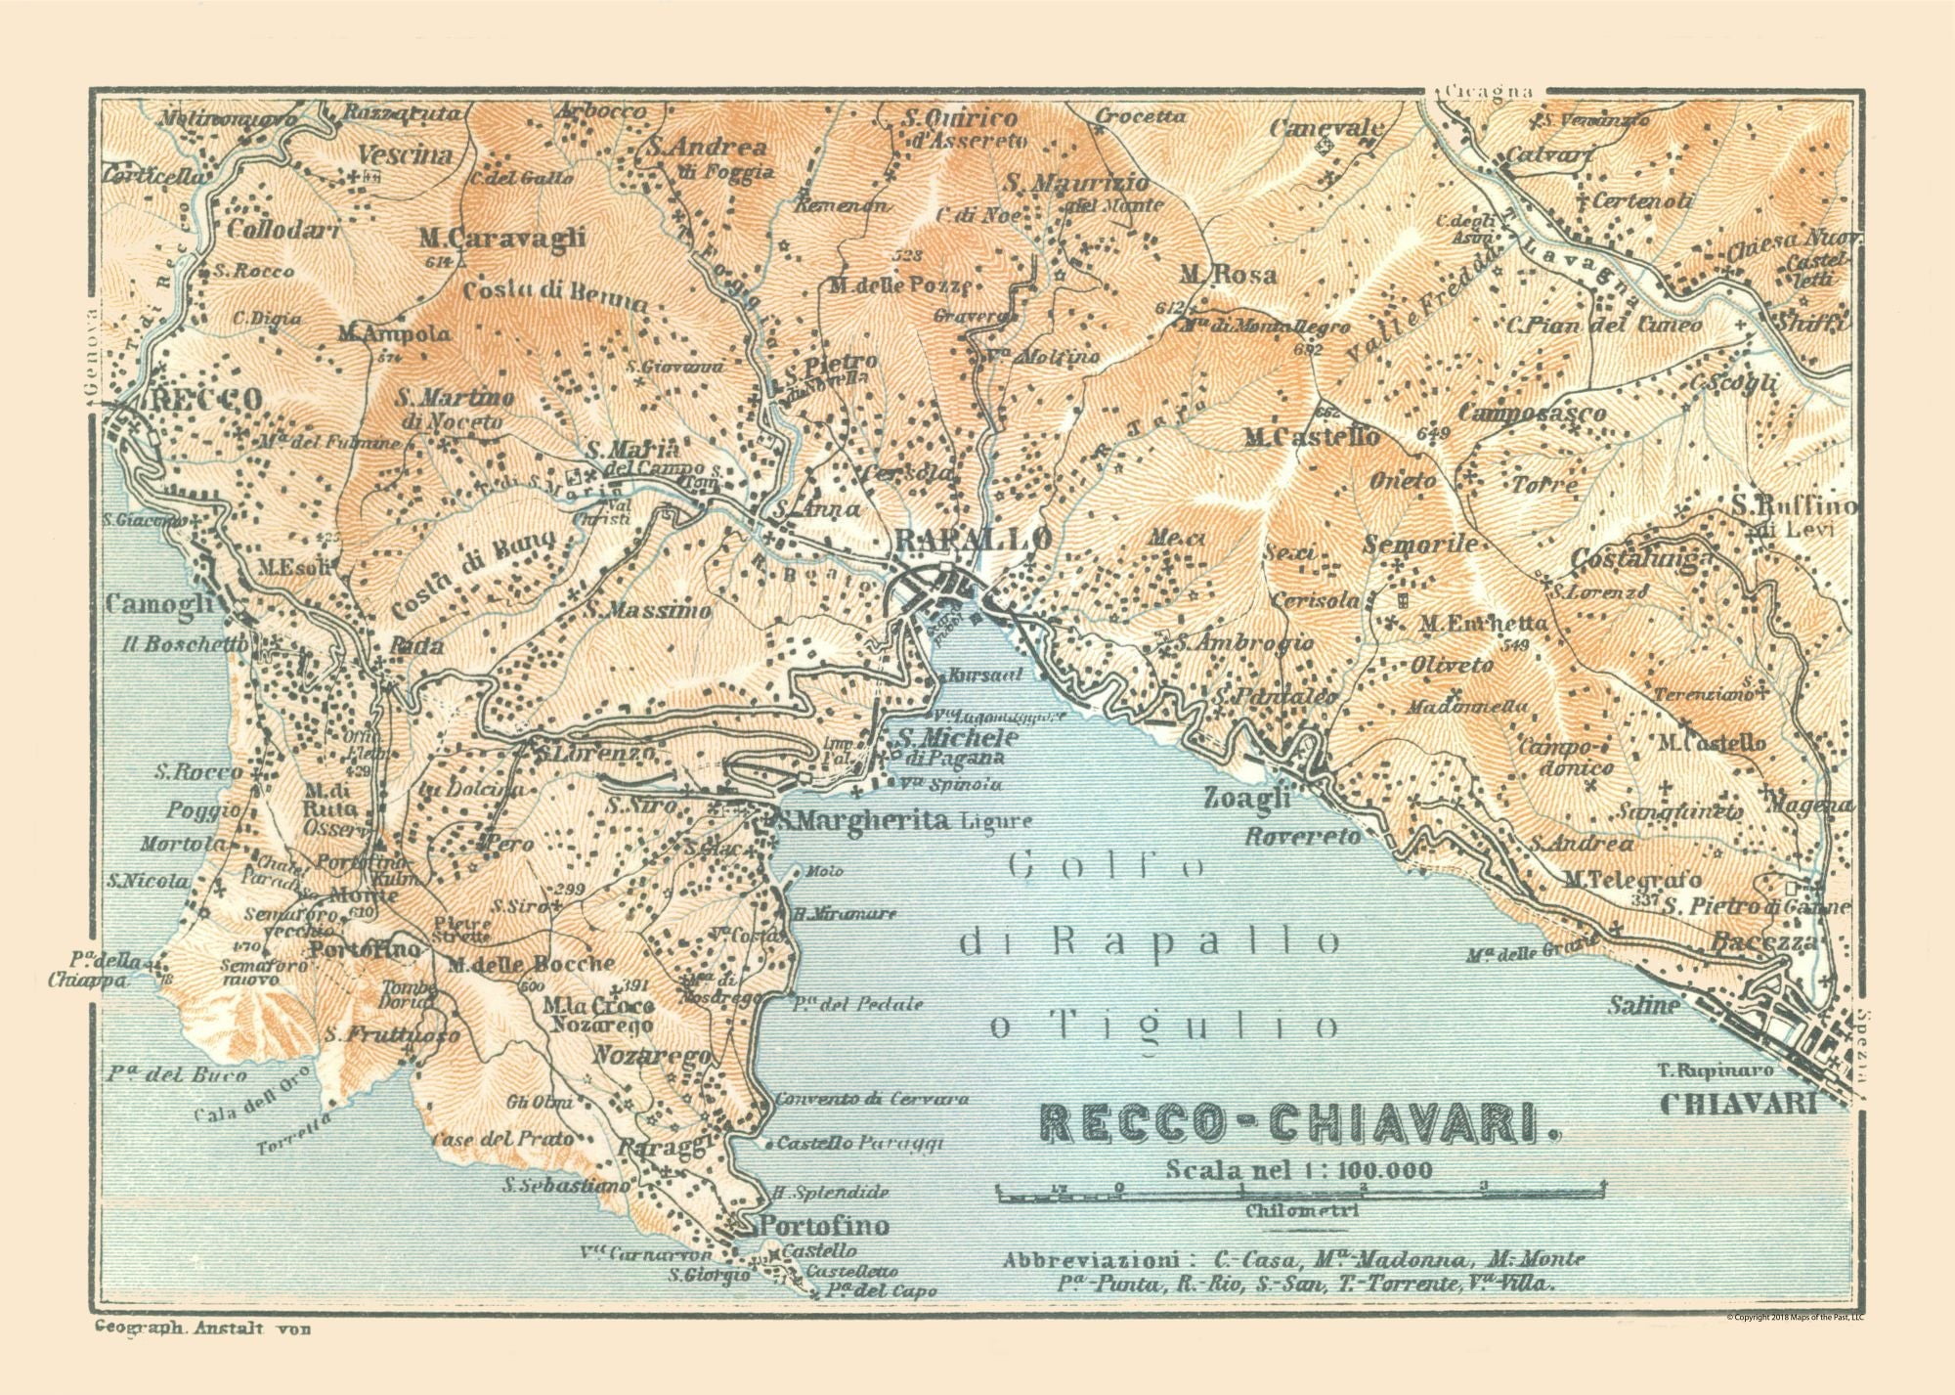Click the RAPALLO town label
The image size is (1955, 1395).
[x=974, y=539]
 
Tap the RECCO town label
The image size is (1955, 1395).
[x=204, y=399]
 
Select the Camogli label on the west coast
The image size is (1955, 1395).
[x=159, y=604]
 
